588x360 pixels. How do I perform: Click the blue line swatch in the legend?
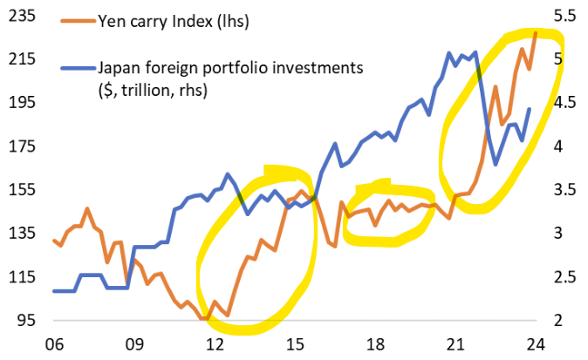pos(76,67)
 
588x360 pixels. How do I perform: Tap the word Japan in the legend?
pos(119,67)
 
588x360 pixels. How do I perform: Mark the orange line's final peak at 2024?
pos(535,33)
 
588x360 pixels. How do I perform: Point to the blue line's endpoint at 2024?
pos(530,109)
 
